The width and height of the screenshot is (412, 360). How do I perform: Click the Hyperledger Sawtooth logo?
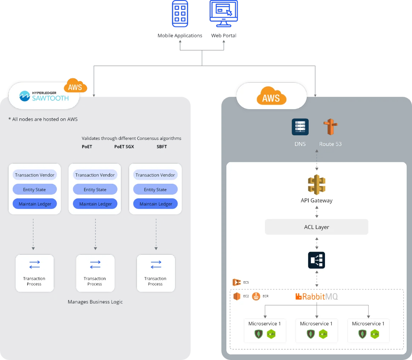44,96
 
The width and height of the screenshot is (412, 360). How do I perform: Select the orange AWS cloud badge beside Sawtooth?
75,86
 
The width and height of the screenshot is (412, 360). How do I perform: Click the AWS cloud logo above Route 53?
271,96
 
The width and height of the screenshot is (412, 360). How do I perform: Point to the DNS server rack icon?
300,127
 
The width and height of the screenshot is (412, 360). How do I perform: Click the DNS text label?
300,144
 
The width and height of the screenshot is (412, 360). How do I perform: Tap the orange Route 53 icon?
331,127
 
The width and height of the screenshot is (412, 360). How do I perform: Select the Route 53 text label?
330,144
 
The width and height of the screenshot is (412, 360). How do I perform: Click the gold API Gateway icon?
317,185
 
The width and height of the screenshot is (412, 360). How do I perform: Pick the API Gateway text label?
317,200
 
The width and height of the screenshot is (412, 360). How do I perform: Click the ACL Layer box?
317,227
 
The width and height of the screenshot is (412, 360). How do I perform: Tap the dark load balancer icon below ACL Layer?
317,260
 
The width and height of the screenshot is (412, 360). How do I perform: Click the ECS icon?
236,282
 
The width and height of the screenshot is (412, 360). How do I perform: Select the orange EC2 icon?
237,296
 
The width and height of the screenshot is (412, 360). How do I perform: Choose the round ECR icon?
256,296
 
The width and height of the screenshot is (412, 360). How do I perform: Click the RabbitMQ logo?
317,296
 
